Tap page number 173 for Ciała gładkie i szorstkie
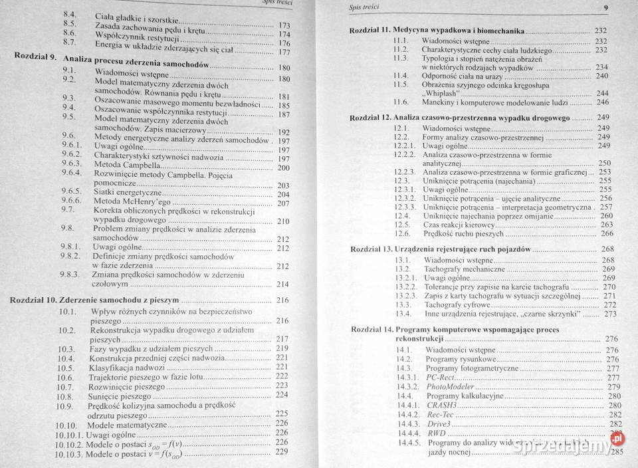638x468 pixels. [x=284, y=26]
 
